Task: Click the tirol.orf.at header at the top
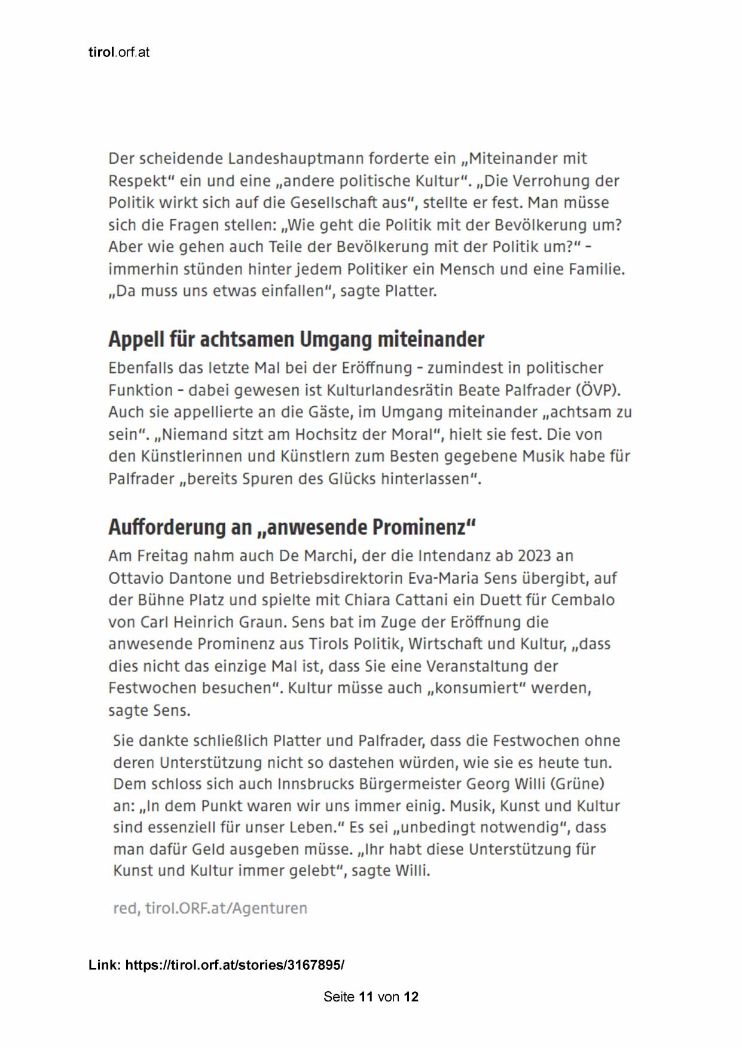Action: pos(118,53)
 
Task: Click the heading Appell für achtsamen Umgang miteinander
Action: pos(296,339)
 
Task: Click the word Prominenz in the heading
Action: pos(419,528)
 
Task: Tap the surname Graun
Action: pos(263,622)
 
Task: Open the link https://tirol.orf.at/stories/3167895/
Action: pos(234,965)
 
